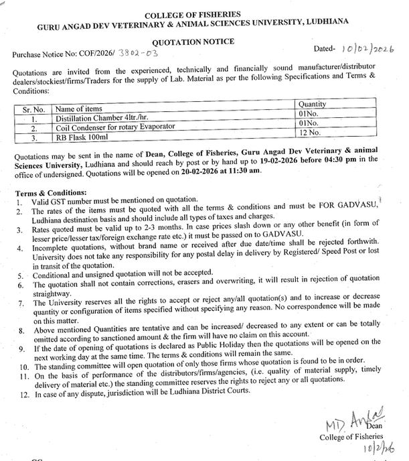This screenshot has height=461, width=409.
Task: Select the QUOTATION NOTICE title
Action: pyautogui.click(x=203, y=41)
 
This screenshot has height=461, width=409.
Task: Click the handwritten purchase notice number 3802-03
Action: pyautogui.click(x=138, y=52)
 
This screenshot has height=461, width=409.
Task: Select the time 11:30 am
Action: pyautogui.click(x=242, y=171)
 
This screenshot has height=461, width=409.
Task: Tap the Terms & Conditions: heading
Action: pyautogui.click(x=51, y=193)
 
